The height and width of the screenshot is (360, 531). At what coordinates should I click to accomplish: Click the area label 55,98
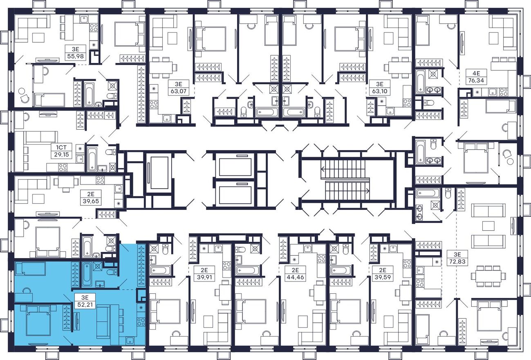tap(75, 57)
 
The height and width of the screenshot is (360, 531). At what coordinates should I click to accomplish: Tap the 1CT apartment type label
tap(60, 147)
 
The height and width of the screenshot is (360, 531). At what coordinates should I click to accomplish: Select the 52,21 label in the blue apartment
tap(85, 304)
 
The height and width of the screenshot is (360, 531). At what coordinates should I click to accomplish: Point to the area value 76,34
tap(476, 81)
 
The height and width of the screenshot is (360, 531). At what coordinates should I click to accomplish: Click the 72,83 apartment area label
tap(457, 261)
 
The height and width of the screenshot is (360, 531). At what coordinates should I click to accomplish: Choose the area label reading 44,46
tap(295, 277)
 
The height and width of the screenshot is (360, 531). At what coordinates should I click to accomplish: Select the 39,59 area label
tap(383, 277)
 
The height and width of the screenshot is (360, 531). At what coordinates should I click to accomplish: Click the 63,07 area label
tap(178, 91)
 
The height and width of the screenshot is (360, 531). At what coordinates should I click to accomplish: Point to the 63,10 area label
tap(380, 91)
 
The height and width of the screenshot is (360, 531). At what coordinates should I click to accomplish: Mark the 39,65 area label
tap(91, 201)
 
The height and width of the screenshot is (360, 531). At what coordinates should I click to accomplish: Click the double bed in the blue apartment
tap(38, 320)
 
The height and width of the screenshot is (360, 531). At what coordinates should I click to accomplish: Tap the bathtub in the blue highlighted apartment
tap(87, 274)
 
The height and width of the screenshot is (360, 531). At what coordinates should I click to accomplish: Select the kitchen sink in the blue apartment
tap(130, 340)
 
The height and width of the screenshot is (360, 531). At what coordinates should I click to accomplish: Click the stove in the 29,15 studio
tap(63, 167)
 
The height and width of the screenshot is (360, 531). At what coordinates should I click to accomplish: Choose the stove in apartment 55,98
tap(94, 27)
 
